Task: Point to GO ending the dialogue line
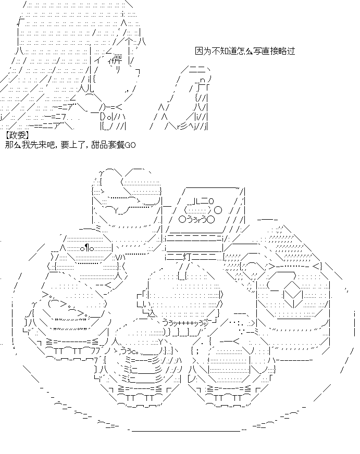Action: click(x=130, y=144)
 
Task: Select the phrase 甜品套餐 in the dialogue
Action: click(x=107, y=144)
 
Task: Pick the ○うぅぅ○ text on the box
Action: click(x=196, y=219)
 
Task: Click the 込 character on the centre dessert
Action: click(x=152, y=313)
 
